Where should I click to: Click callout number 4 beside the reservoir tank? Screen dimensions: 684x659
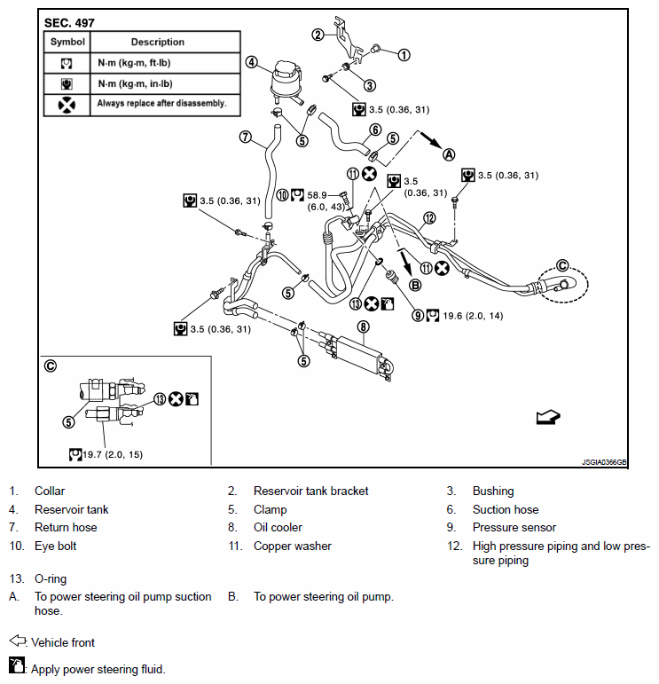pyautogui.click(x=252, y=62)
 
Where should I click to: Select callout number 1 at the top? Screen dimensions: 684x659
pyautogui.click(x=404, y=54)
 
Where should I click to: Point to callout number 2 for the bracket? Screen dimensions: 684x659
pyautogui.click(x=318, y=35)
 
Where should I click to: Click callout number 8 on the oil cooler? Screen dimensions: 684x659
pyautogui.click(x=362, y=326)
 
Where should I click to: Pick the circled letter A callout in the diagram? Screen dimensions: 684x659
pyautogui.click(x=449, y=153)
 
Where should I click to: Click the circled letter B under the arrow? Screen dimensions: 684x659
pyautogui.click(x=414, y=285)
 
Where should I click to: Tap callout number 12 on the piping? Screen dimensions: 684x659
pyautogui.click(x=429, y=217)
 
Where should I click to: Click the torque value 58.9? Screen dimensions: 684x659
pyautogui.click(x=317, y=194)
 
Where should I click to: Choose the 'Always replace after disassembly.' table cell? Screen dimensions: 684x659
pyautogui.click(x=162, y=104)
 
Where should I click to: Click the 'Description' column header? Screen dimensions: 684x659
pyautogui.click(x=158, y=42)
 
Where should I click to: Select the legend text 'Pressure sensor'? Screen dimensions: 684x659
pyautogui.click(x=514, y=528)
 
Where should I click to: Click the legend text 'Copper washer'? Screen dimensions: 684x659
pyautogui.click(x=293, y=546)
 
